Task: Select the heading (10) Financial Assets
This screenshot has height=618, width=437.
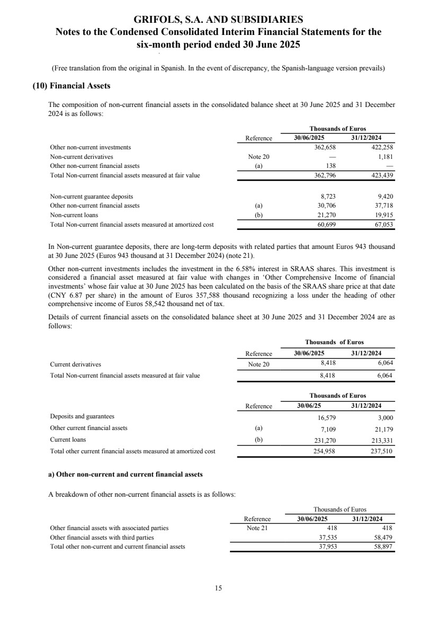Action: pyautogui.click(x=71, y=85)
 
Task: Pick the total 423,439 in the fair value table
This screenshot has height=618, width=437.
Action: pyautogui.click(x=380, y=174)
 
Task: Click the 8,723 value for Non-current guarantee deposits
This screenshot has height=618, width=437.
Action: pyautogui.click(x=328, y=196)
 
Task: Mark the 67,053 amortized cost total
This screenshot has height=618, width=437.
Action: pyautogui.click(x=382, y=224)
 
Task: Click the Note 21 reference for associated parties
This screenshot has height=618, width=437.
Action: pyautogui.click(x=258, y=528)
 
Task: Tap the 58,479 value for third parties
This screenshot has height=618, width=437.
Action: pyautogui.click(x=382, y=537)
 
